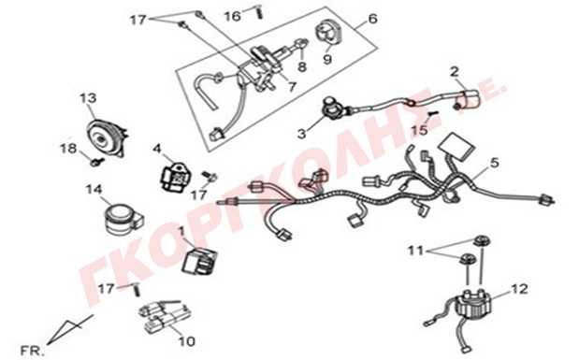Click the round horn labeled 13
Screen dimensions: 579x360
pyautogui.click(x=107, y=136)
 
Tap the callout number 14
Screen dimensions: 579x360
pyautogui.click(x=94, y=190)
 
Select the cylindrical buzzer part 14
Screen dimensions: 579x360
pyautogui.click(x=123, y=219)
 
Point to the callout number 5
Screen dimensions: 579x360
pyautogui.click(x=494, y=162)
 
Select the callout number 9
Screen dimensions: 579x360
pyautogui.click(x=327, y=59)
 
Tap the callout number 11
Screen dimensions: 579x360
pyautogui.click(x=415, y=251)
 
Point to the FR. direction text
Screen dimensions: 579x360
pyautogui.click(x=32, y=351)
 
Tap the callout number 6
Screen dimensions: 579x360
pyautogui.click(x=372, y=18)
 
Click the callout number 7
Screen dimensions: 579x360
pyautogui.click(x=292, y=87)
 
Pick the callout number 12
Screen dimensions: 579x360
pyautogui.click(x=519, y=289)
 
